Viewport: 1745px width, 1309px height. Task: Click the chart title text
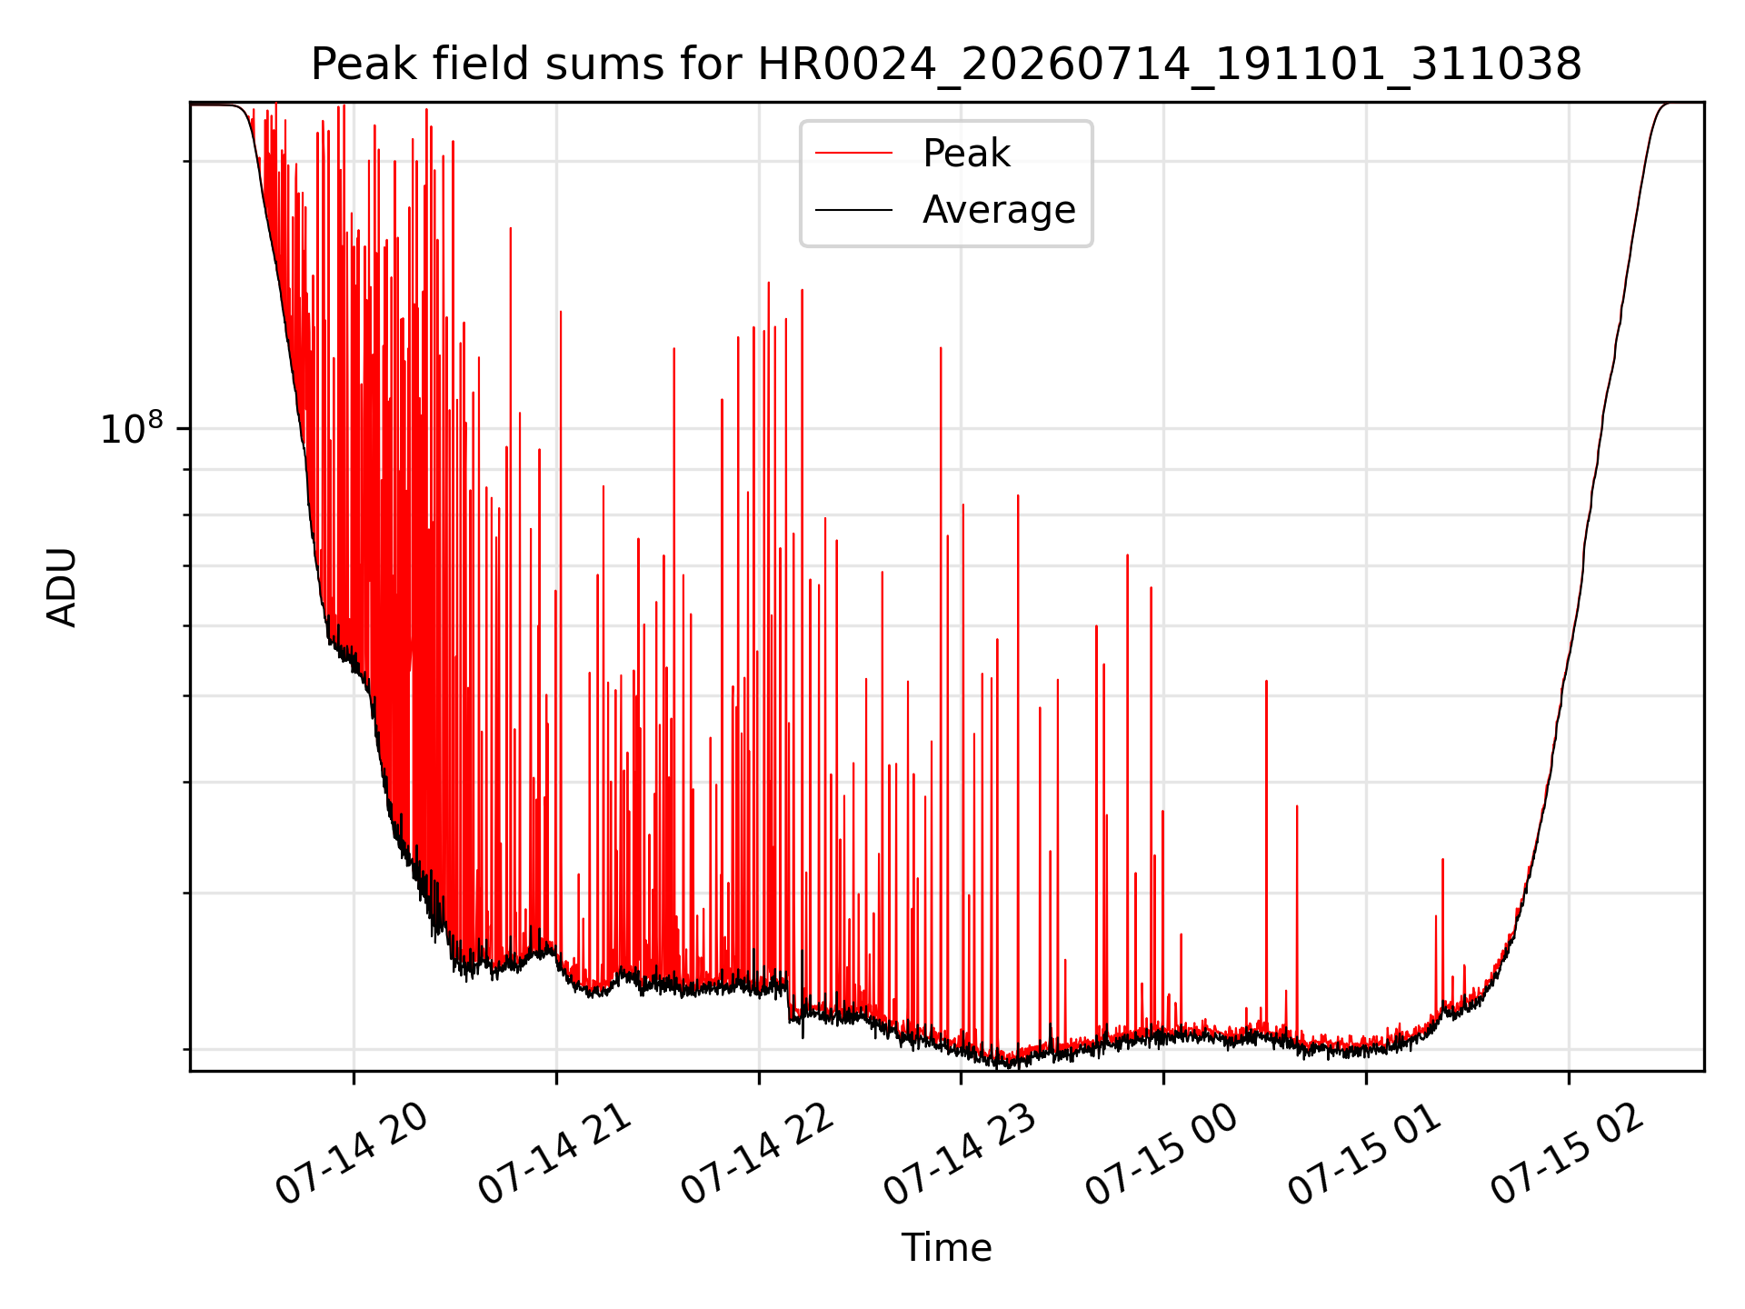[x=946, y=65]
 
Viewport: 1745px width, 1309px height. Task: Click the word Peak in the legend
[x=966, y=154]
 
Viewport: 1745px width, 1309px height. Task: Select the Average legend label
[x=999, y=210]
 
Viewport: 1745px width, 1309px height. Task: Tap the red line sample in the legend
[x=853, y=154]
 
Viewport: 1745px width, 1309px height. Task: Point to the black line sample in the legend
[x=853, y=210]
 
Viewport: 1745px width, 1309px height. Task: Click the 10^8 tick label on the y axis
[x=132, y=428]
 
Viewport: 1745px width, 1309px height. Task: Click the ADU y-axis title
[x=62, y=586]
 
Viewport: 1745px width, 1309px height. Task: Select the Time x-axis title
[x=946, y=1247]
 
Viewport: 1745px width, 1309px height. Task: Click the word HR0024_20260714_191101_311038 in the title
[x=1170, y=65]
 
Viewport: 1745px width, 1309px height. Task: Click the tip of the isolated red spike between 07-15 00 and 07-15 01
[x=1266, y=681]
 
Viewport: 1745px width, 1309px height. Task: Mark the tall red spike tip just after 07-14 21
[x=561, y=311]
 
